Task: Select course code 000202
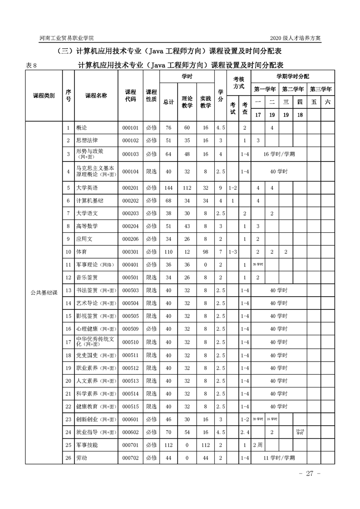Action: (130, 201)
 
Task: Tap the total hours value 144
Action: (168, 188)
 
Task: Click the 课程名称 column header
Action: (96, 96)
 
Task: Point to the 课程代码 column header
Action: (130, 96)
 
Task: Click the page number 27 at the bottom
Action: (310, 474)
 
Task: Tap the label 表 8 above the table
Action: (35, 65)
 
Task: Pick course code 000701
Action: (130, 445)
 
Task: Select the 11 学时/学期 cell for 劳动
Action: (279, 458)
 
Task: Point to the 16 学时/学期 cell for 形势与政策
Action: (279, 154)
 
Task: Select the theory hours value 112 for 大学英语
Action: (187, 188)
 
